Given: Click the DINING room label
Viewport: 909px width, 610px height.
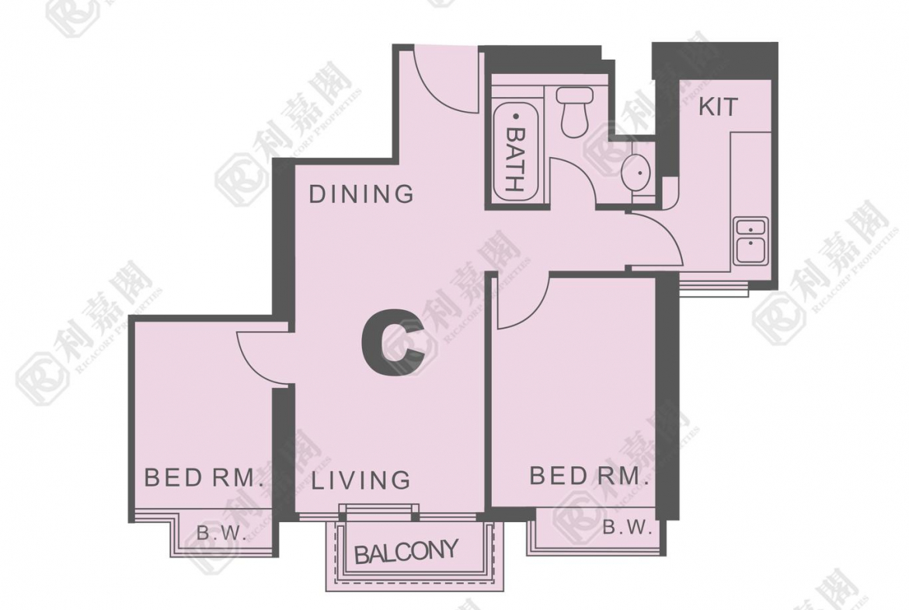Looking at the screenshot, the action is (361, 194).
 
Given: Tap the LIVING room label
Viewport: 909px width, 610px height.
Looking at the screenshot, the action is (361, 480).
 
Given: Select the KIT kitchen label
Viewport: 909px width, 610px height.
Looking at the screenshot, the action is (719, 106).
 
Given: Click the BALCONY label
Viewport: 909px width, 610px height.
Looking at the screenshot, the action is (406, 552).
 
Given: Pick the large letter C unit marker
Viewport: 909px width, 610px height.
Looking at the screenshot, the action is (392, 343).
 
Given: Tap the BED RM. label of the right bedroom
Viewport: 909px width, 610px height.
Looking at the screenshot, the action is (588, 476).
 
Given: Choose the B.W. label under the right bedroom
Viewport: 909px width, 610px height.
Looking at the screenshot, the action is (628, 528).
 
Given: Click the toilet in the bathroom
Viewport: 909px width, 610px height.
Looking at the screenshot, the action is (575, 112).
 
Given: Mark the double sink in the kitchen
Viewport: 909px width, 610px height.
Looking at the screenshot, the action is (751, 241).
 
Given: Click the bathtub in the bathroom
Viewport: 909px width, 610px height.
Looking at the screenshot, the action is (515, 152).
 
